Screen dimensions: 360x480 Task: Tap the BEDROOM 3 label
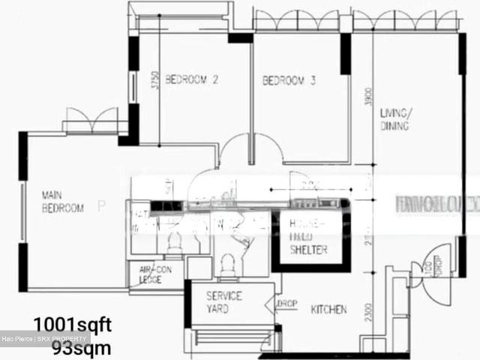coord(288,80)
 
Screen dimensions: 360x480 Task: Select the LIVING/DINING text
coord(395,120)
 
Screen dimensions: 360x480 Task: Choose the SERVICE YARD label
coord(224,301)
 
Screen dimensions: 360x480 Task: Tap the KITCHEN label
coord(329,309)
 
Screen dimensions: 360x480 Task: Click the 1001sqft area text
coord(72,325)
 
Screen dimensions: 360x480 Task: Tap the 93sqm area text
coord(81,347)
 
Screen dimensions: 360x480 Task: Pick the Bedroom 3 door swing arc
coord(269,146)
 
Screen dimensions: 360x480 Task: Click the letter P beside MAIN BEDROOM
coord(101,203)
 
